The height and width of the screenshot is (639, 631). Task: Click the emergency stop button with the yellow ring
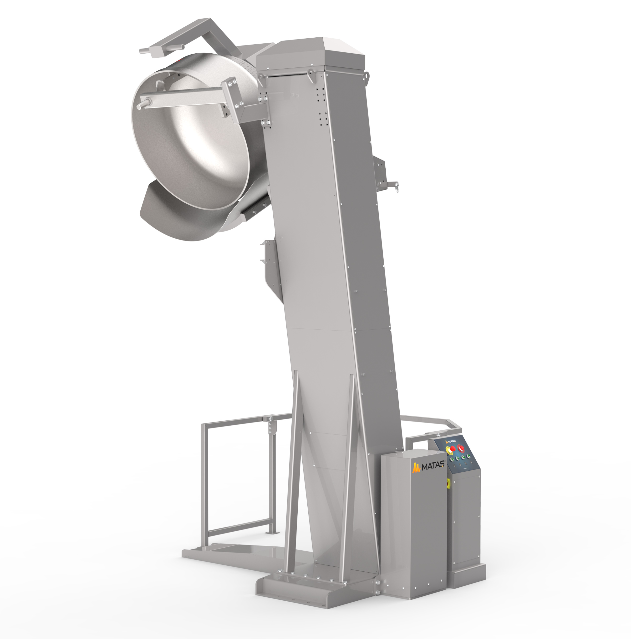[x=450, y=449]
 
